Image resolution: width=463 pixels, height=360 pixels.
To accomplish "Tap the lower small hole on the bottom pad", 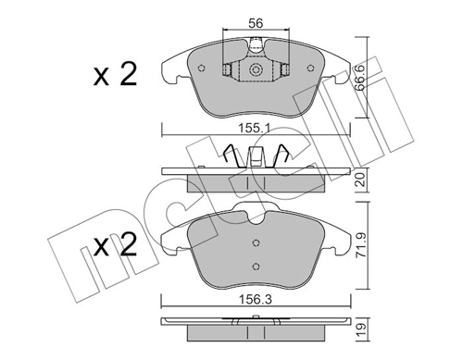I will click(256, 265).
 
